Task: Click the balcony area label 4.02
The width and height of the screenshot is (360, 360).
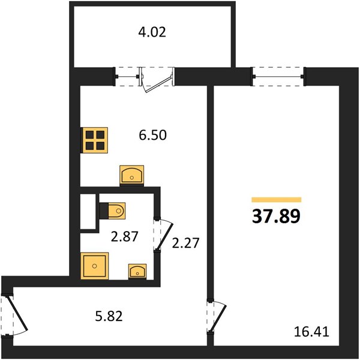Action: pyautogui.click(x=152, y=32)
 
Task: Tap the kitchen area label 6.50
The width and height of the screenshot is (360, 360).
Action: pyautogui.click(x=152, y=135)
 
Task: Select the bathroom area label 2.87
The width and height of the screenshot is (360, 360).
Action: pyautogui.click(x=124, y=236)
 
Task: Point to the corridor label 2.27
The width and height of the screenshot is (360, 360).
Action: pyautogui.click(x=185, y=243)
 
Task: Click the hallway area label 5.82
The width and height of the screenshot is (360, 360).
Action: pyautogui.click(x=109, y=316)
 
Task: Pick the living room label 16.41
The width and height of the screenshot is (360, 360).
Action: pyautogui.click(x=311, y=332)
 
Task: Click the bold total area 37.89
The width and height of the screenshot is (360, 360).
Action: pyautogui.click(x=276, y=216)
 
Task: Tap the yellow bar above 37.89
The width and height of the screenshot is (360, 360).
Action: pyautogui.click(x=277, y=200)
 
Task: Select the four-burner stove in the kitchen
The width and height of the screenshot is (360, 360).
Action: pyautogui.click(x=94, y=140)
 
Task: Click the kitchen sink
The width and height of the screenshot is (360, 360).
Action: pyautogui.click(x=132, y=175)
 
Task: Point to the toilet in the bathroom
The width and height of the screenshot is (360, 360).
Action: pyautogui.click(x=113, y=211)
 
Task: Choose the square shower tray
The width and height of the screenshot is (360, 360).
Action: pyautogui.click(x=94, y=266)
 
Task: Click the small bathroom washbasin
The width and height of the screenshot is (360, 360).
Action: pyautogui.click(x=137, y=271)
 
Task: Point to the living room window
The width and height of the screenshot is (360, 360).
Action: pyautogui.click(x=278, y=77)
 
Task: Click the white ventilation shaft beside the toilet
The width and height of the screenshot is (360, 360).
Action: pyautogui.click(x=88, y=211)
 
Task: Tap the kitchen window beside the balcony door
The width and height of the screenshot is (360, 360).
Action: pyautogui.click(x=127, y=77)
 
